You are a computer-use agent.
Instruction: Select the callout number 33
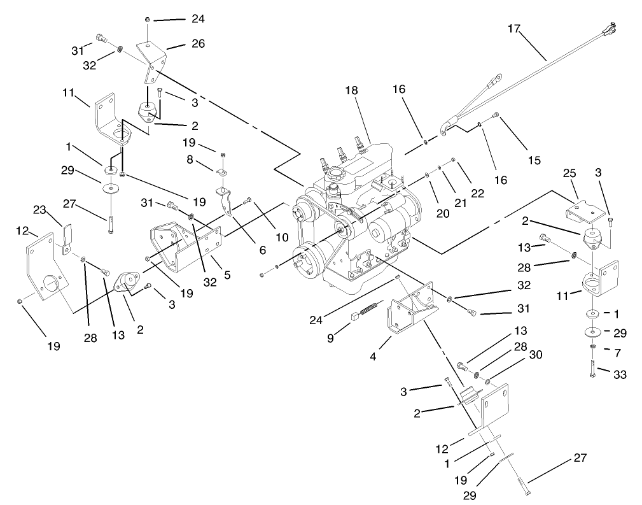point(619,375)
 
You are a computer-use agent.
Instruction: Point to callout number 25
point(569,174)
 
